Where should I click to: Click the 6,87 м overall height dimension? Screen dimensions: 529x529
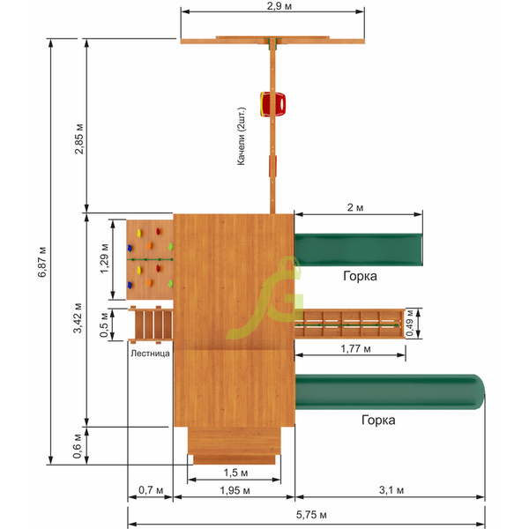pos(42,262)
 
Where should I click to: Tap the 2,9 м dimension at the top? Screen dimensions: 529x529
pos(279,6)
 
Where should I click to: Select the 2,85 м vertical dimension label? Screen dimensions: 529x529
pos(78,139)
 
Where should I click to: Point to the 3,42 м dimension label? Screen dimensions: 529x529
pos(78,317)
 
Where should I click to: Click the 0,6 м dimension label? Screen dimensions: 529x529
pos(78,446)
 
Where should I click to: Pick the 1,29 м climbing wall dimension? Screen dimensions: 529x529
pos(104,258)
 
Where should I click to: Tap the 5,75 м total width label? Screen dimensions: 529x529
pos(311,515)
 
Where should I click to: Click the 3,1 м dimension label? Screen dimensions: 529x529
pos(391,490)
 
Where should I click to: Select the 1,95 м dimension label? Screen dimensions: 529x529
pos(235,490)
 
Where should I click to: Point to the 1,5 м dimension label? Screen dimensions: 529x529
pos(235,473)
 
